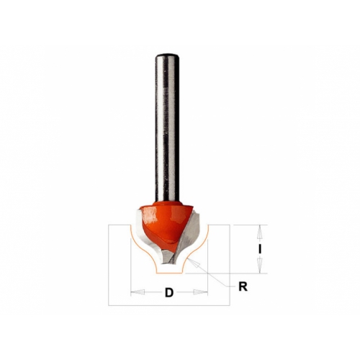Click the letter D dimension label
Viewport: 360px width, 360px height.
click(x=169, y=293)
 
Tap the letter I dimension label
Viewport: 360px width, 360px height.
click(x=259, y=250)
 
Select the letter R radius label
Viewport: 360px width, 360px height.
click(x=243, y=287)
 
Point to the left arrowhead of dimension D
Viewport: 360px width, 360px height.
click(x=138, y=292)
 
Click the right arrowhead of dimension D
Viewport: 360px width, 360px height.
click(x=201, y=292)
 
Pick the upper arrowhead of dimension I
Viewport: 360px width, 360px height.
click(x=259, y=232)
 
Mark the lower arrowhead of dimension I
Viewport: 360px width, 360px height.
click(x=259, y=266)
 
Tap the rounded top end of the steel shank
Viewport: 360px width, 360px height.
click(x=167, y=55)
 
